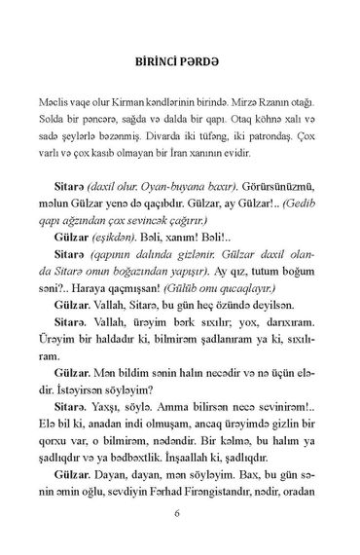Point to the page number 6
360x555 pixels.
coord(179,512)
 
